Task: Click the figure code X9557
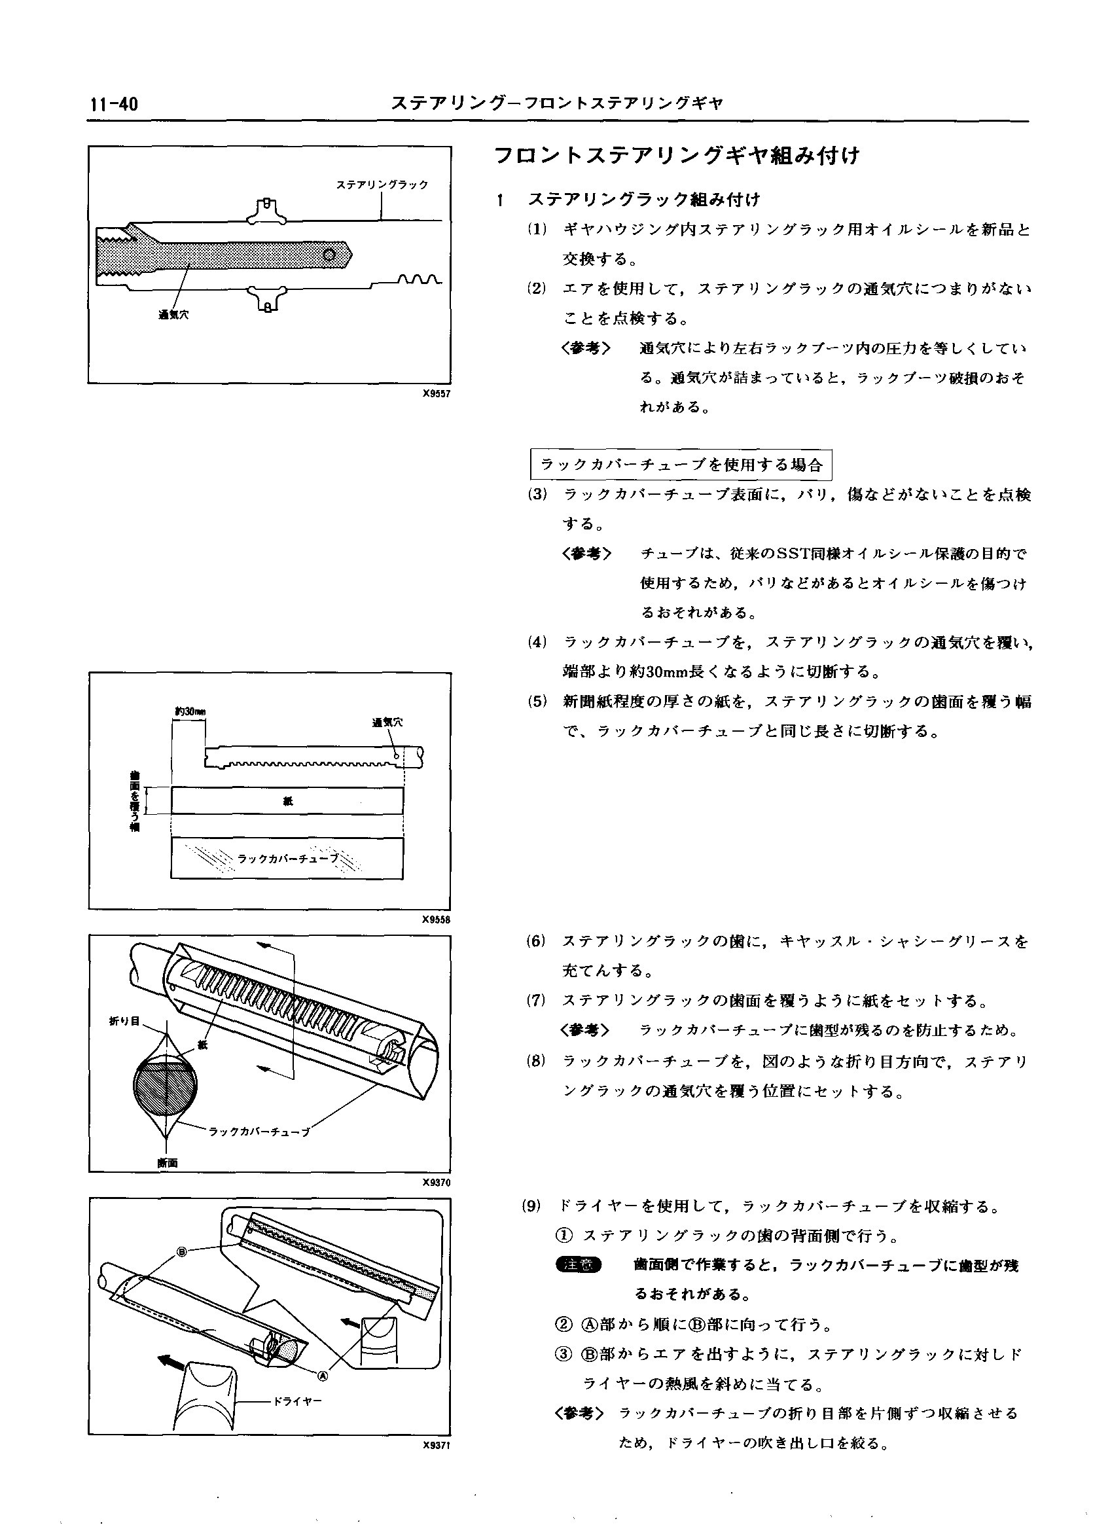pos(436,393)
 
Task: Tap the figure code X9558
pos(436,920)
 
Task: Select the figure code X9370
pos(436,1183)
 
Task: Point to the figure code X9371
pos(436,1445)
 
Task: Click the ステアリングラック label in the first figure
pos(382,185)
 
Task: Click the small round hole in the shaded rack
pos(330,255)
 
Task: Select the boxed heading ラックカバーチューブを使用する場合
pos(680,465)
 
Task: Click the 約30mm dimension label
pos(189,711)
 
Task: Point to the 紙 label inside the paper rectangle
pos(287,801)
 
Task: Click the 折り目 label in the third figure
pos(124,1021)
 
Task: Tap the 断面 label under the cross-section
pos(167,1163)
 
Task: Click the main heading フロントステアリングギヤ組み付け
pos(677,156)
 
